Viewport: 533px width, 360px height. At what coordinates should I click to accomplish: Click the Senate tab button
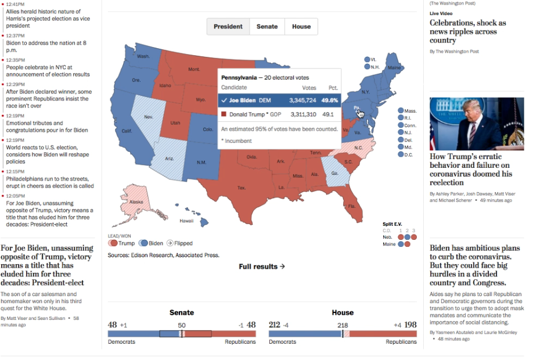(x=267, y=27)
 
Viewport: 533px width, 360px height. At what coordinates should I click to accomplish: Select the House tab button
(x=301, y=27)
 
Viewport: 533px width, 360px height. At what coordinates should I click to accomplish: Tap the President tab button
(x=228, y=27)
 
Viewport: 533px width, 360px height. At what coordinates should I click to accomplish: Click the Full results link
(x=262, y=267)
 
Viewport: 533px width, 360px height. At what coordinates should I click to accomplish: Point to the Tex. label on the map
(x=242, y=188)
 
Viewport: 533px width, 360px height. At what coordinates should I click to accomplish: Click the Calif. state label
(x=127, y=131)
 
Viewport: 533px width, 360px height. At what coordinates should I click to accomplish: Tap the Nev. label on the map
(x=148, y=117)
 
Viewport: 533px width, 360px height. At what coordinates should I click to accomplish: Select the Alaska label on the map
(x=136, y=202)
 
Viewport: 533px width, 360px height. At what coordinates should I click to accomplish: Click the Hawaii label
(x=186, y=221)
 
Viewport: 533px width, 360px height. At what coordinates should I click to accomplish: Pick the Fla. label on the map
(x=352, y=206)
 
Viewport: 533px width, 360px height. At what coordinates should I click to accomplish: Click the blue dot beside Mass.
(x=401, y=111)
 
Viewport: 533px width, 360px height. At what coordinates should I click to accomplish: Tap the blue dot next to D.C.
(x=401, y=154)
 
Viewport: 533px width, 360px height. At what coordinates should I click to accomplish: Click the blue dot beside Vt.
(x=367, y=60)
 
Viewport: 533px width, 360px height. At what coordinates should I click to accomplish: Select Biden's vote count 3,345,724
(x=302, y=100)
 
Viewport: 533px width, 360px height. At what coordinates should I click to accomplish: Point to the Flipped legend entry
(x=179, y=243)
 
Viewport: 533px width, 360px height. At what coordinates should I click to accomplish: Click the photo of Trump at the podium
(x=476, y=124)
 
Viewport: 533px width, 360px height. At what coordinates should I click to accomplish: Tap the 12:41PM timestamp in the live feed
(x=16, y=4)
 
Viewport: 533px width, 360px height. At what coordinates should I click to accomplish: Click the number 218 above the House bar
(x=343, y=325)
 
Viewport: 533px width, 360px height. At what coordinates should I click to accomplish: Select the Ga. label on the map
(x=334, y=174)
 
